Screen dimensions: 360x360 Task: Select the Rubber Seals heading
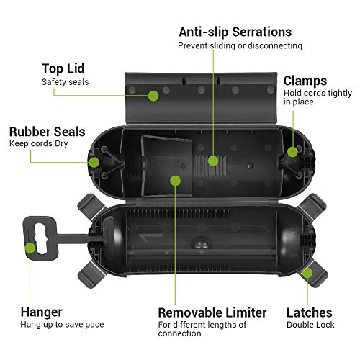point(47,132)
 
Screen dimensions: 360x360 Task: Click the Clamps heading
point(305,81)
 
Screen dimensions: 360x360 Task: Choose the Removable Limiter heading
point(212,312)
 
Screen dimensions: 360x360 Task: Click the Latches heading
point(310,312)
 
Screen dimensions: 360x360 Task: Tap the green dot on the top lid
point(153,95)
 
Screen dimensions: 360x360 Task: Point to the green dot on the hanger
point(30,248)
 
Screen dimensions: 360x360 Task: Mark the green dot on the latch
point(307,271)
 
